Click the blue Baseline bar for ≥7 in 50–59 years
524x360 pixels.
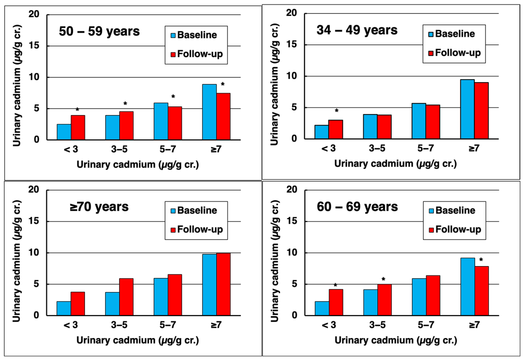point(209,112)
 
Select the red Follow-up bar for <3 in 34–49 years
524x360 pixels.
point(336,129)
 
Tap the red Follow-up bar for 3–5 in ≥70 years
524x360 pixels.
point(126,297)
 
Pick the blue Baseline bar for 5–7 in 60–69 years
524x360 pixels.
point(419,297)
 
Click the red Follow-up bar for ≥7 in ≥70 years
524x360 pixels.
point(223,284)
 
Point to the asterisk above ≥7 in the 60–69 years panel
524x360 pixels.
point(481,260)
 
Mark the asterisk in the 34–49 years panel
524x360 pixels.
point(337,110)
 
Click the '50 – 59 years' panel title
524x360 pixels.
point(99,31)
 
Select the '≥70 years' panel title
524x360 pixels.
point(99,207)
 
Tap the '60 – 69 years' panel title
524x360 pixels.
point(357,207)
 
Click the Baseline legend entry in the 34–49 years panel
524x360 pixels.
point(452,34)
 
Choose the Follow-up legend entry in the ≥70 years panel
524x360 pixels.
point(197,229)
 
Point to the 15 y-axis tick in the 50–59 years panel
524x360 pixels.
point(34,45)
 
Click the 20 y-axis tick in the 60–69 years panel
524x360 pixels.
point(292,189)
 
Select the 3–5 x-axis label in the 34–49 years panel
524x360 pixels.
point(377,148)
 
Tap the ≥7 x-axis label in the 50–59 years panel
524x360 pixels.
point(216,149)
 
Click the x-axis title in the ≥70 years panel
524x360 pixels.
point(138,340)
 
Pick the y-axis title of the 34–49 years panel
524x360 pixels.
point(274,84)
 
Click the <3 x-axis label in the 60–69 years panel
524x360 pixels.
point(329,325)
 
